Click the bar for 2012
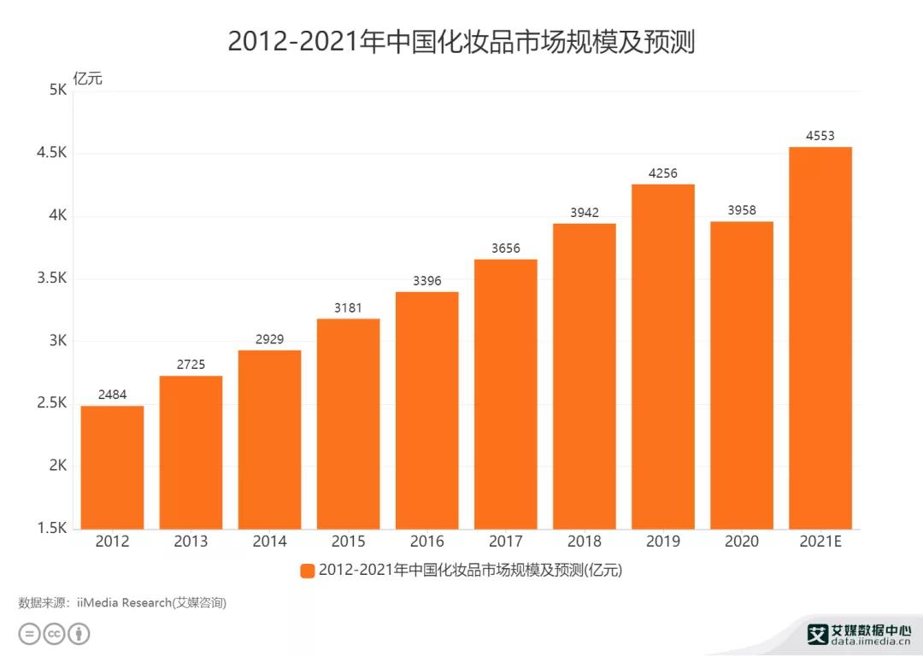tap(112, 467)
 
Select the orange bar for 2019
tap(662, 356)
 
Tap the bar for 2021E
tap(820, 337)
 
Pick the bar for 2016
tap(426, 410)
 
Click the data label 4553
tap(820, 135)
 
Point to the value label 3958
tap(741, 210)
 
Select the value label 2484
tap(112, 395)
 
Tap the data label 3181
tap(348, 307)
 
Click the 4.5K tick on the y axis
tap(51, 154)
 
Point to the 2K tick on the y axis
tap(56, 466)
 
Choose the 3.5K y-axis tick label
tap(51, 278)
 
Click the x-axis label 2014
tap(269, 542)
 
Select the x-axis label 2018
tap(584, 542)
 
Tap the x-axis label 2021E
tap(820, 542)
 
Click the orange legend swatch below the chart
tap(307, 571)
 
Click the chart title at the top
tap(461, 41)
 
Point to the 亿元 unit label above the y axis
tap(87, 79)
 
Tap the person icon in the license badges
tap(79, 634)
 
